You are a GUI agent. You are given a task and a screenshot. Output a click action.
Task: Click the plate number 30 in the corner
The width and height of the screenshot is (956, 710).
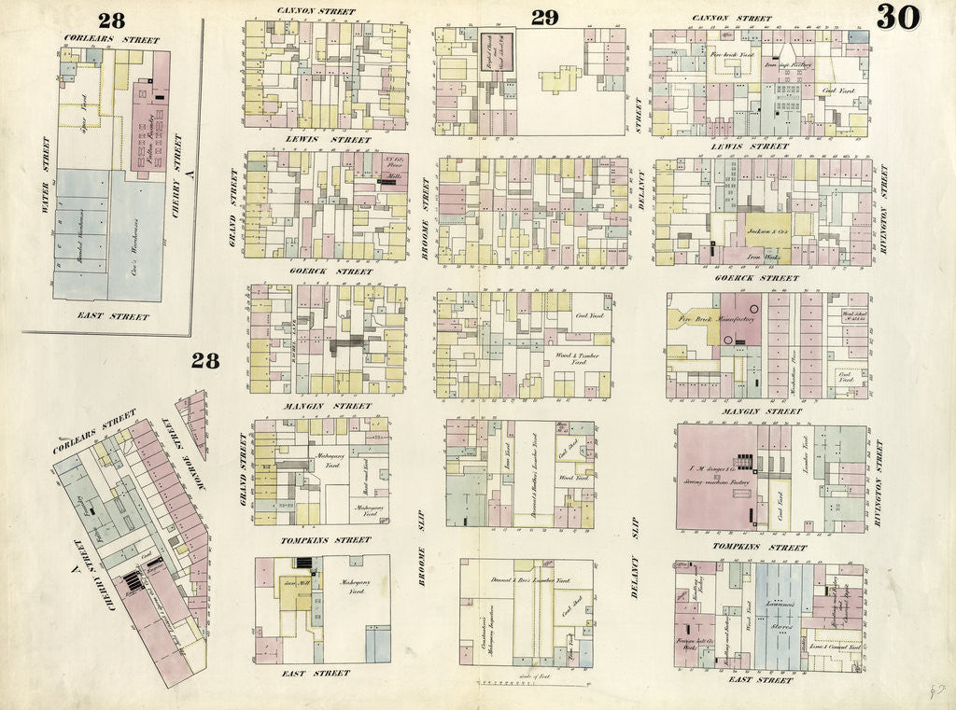click(897, 17)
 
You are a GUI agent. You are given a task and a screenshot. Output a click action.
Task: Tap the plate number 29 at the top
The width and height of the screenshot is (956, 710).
click(543, 17)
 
